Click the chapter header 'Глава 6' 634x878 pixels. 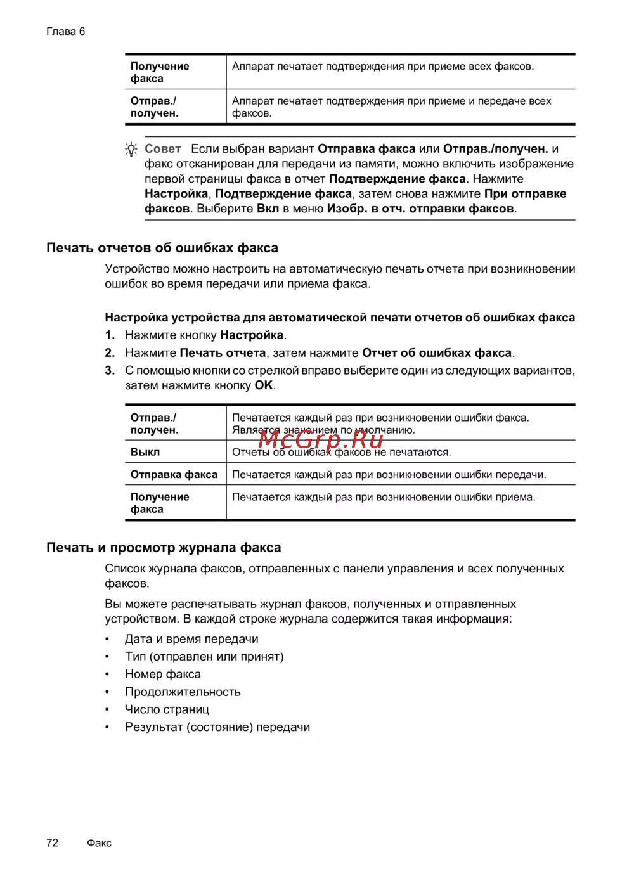click(65, 31)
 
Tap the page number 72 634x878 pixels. click(52, 842)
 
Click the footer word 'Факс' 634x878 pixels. click(99, 842)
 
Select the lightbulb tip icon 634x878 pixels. click(131, 150)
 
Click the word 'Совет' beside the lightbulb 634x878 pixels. click(162, 149)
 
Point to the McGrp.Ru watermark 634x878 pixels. click(321, 439)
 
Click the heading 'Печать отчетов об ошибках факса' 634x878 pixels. click(162, 248)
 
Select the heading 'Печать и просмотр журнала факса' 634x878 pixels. click(164, 548)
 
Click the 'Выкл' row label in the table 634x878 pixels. click(145, 452)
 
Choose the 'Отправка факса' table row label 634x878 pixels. click(174, 474)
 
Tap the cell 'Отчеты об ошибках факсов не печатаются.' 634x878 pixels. click(342, 452)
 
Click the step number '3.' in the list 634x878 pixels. click(110, 370)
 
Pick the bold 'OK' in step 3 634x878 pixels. click(264, 385)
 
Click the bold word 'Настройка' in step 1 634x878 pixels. click(252, 335)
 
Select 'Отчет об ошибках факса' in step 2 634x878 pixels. click(437, 352)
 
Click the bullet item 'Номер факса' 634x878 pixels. click(163, 674)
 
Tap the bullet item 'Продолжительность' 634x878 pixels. click(183, 692)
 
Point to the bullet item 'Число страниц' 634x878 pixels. click(167, 709)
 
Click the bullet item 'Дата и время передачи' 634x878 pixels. click(191, 639)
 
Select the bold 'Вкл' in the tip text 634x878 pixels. click(268, 209)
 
